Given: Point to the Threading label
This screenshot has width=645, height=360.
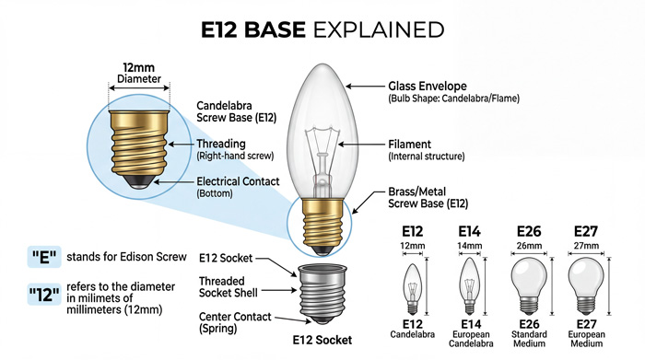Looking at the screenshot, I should pos(223,144).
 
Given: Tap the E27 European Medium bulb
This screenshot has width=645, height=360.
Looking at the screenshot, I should pos(586,282).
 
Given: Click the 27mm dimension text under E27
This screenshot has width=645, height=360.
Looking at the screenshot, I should pos(586,246).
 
